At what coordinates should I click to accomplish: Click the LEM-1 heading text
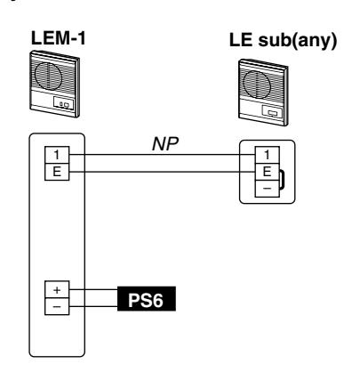pyautogui.click(x=59, y=38)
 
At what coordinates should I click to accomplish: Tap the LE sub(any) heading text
pyautogui.click(x=283, y=40)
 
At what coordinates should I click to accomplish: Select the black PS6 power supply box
pyautogui.click(x=147, y=299)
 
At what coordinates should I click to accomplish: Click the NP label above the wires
pyautogui.click(x=165, y=144)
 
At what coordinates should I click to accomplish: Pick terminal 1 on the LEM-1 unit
pyautogui.click(x=57, y=155)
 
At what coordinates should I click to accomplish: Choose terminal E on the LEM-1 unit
pyautogui.click(x=57, y=172)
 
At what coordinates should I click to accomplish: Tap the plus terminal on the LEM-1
pyautogui.click(x=57, y=289)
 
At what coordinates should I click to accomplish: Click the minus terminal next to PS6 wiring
pyautogui.click(x=57, y=306)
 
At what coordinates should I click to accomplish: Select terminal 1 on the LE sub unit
pyautogui.click(x=268, y=155)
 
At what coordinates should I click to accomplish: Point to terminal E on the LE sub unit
pyautogui.click(x=268, y=172)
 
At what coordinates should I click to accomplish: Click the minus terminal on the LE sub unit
pyautogui.click(x=268, y=189)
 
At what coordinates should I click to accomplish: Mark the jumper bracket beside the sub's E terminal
pyautogui.click(x=284, y=179)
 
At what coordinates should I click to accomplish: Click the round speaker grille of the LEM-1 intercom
pyautogui.click(x=48, y=75)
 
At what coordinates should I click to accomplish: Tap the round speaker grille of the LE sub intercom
pyautogui.click(x=257, y=83)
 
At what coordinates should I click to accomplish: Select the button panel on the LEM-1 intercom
pyautogui.click(x=63, y=104)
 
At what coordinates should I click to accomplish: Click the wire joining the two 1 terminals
pyautogui.click(x=162, y=155)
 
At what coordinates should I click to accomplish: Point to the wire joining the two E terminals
pyautogui.click(x=162, y=172)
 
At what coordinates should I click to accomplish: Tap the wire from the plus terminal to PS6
pyautogui.click(x=93, y=289)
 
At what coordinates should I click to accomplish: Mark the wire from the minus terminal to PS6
pyautogui.click(x=93, y=306)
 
